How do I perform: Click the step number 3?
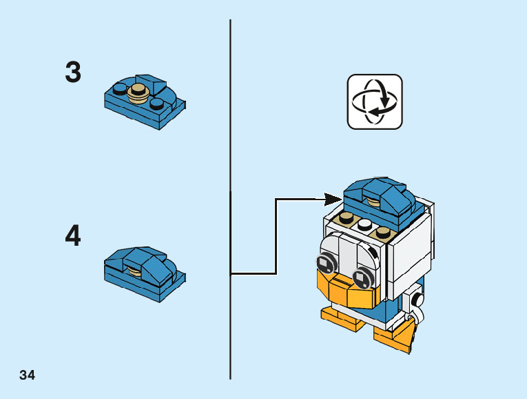tap(73, 72)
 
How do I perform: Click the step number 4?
tap(73, 236)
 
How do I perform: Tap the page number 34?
tap(28, 376)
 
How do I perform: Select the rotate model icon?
tap(374, 101)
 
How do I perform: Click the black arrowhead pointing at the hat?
tap(333, 199)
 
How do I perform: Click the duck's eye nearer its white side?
tap(360, 278)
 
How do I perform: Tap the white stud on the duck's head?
tap(364, 224)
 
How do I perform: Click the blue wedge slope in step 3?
tap(151, 85)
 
